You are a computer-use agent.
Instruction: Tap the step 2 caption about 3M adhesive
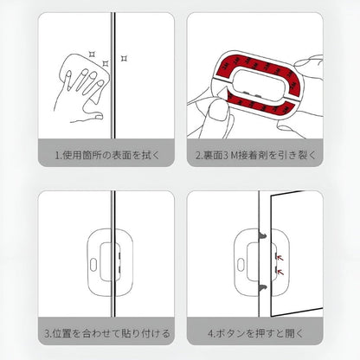[267, 156]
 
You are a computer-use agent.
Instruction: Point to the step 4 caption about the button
[265, 332]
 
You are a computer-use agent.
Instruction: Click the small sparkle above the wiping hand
[90, 50]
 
